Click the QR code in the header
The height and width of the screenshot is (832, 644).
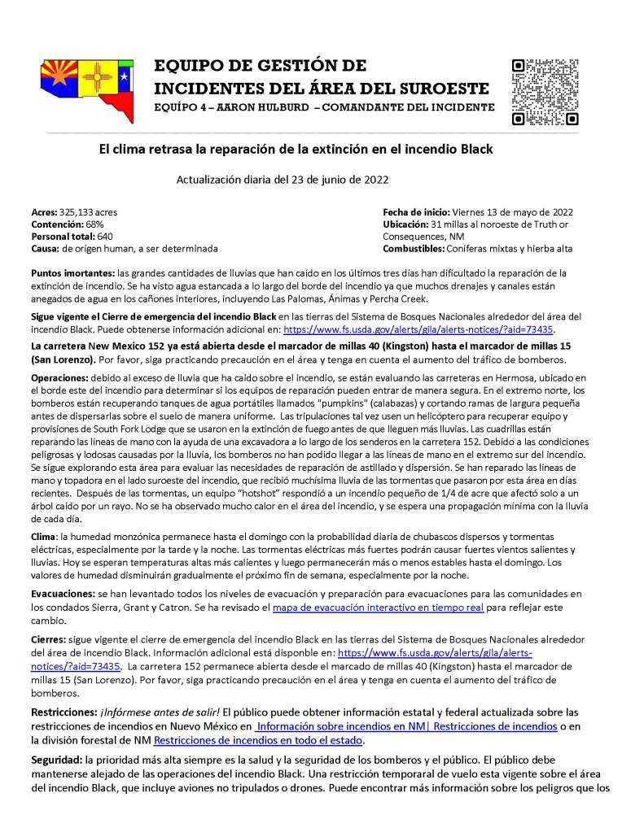[545, 92]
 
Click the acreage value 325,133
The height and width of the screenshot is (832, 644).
[72, 211]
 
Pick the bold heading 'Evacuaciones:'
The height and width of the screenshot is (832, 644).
[65, 595]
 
